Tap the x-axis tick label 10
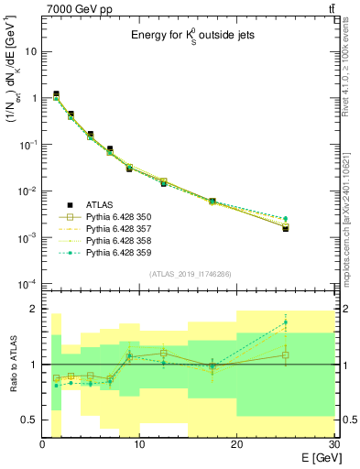[139, 444]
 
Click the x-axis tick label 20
[236, 444]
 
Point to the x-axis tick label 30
[333, 444]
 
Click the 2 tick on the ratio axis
[33, 310]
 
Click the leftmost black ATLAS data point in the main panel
[57, 94]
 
